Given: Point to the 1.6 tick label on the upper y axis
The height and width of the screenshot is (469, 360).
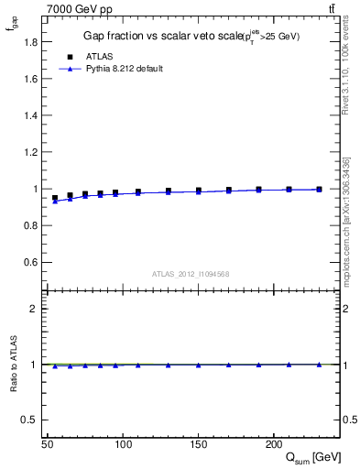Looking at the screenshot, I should [30, 79].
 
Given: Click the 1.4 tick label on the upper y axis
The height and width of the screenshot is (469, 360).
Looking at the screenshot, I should [30, 115].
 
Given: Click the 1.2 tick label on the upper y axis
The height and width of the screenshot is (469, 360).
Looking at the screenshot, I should [30, 152].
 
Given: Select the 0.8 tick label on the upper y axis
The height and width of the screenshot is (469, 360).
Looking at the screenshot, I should [30, 226].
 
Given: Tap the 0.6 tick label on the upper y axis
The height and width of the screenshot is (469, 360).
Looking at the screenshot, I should [30, 263].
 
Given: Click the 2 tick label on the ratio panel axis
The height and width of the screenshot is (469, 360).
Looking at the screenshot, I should [35, 309].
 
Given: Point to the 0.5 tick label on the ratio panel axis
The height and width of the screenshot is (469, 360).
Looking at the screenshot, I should [30, 420].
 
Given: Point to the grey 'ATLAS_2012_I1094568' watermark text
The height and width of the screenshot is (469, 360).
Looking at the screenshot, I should [190, 274].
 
